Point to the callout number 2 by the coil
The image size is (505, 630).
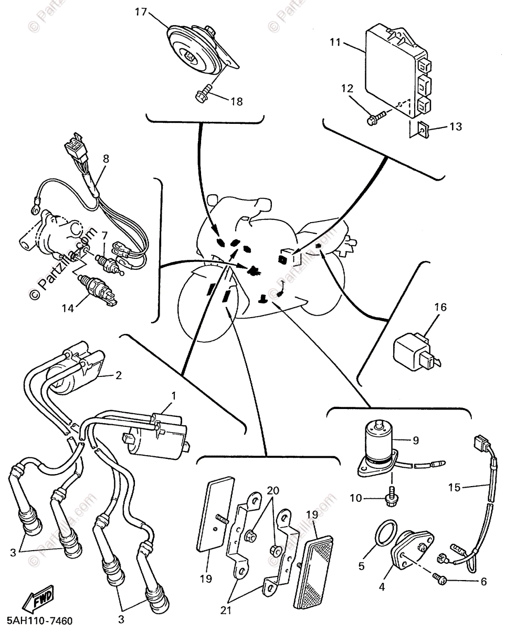pos(119,375)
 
